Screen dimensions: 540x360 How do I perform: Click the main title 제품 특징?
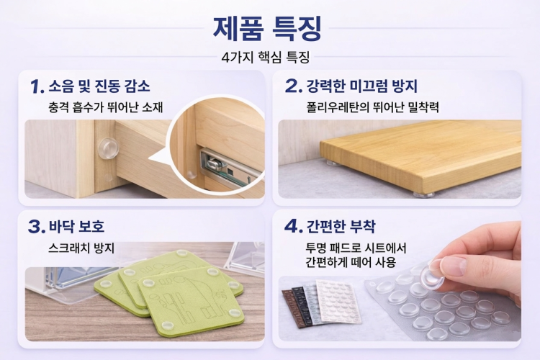267,28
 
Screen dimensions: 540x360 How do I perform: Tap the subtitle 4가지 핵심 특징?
265,57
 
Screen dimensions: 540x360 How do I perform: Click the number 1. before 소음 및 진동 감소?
37,86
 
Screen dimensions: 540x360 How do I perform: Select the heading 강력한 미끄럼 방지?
362,86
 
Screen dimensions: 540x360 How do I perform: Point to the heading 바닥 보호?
76,226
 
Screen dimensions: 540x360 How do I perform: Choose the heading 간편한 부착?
341,226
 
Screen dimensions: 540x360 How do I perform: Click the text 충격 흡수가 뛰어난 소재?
105,107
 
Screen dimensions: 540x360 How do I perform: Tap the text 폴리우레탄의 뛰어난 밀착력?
373,107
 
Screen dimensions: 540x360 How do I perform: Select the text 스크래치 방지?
81,248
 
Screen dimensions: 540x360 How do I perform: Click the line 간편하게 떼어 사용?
350,263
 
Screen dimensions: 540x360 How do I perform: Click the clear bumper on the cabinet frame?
108,148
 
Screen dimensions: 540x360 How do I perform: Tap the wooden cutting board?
420,157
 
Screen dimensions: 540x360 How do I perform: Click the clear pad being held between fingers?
431,273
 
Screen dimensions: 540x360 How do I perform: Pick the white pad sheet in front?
339,302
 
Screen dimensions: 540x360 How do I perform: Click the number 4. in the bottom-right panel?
294,226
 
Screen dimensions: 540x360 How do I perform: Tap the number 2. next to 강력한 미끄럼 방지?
294,86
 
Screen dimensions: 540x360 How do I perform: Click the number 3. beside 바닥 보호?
37,227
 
